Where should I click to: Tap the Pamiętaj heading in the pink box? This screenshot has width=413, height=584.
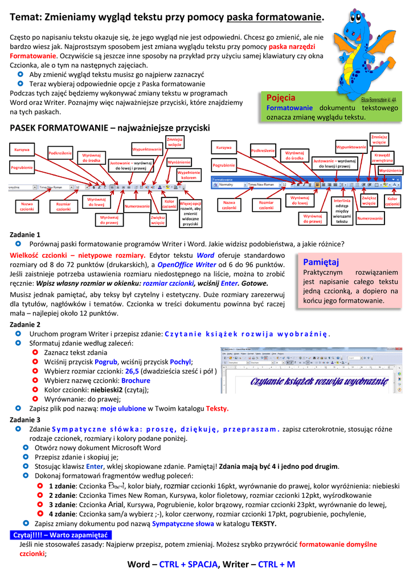(321, 262)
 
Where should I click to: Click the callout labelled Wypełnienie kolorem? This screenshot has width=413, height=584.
(189, 175)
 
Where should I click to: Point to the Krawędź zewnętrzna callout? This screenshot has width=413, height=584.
(382, 157)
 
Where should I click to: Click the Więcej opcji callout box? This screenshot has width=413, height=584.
(190, 213)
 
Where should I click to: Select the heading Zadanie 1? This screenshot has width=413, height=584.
(26, 234)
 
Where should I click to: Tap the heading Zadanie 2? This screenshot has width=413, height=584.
(26, 324)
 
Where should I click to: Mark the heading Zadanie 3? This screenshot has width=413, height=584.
(26, 419)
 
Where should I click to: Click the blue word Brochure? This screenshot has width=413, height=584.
(136, 380)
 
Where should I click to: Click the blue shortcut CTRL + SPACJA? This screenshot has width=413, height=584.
(189, 565)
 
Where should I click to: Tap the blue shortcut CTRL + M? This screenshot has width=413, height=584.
(276, 565)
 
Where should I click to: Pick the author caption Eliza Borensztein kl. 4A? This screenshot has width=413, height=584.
(379, 99)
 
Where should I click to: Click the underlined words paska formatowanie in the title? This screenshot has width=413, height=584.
(274, 18)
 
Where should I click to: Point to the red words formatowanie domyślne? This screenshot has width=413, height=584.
(338, 544)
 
